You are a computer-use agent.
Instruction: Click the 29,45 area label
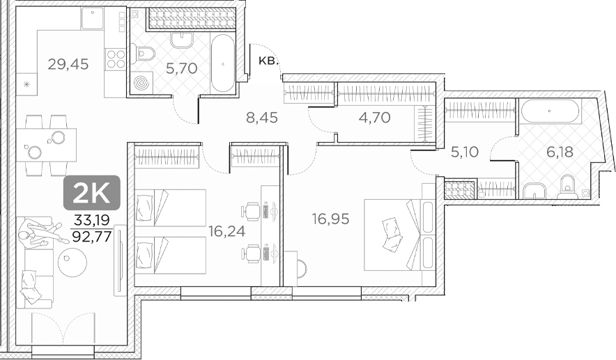[x=68, y=65]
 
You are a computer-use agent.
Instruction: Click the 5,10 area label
[x=465, y=151]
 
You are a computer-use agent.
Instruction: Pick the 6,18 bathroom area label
[x=559, y=151]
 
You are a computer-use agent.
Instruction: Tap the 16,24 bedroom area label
[x=226, y=231]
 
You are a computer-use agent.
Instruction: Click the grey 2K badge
[x=92, y=194]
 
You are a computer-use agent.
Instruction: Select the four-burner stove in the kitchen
[x=115, y=58]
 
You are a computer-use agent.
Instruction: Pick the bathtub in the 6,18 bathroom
[x=550, y=111]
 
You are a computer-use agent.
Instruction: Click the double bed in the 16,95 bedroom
[x=394, y=234]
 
